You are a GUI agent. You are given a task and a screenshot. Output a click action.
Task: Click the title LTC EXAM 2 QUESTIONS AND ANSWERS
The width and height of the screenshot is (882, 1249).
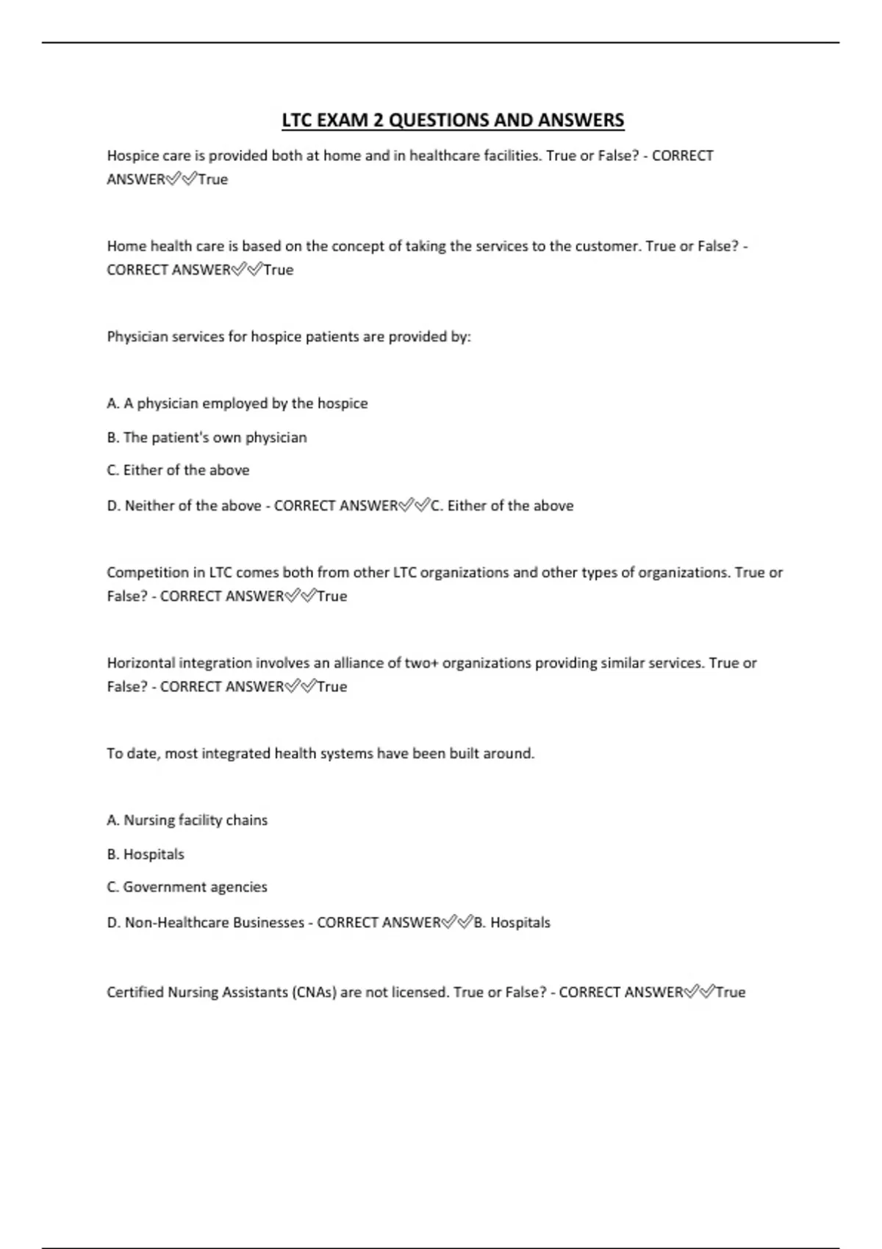pyautogui.click(x=453, y=120)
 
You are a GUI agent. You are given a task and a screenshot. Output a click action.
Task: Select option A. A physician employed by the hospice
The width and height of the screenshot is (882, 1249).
pyautogui.click(x=237, y=403)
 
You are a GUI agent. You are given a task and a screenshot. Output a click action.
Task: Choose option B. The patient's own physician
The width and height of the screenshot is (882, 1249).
pyautogui.click(x=207, y=438)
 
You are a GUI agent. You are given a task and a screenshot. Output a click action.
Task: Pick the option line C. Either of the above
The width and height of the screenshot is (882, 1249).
pyautogui.click(x=178, y=470)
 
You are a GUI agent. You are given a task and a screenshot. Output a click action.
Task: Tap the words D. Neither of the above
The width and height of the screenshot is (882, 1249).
pyautogui.click(x=184, y=506)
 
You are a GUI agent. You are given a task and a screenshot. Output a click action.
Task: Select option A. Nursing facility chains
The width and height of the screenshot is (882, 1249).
pyautogui.click(x=187, y=820)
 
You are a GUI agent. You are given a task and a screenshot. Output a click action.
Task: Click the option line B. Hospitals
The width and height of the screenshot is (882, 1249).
pyautogui.click(x=146, y=854)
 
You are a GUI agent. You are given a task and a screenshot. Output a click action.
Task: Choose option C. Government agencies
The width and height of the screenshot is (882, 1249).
pyautogui.click(x=187, y=887)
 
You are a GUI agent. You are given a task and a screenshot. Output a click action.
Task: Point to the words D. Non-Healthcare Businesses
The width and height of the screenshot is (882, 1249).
pyautogui.click(x=205, y=923)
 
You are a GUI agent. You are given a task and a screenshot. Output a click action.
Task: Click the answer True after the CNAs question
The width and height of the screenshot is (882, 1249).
pyautogui.click(x=731, y=993)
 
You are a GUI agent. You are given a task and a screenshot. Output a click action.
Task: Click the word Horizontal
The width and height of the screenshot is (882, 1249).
pyautogui.click(x=140, y=663)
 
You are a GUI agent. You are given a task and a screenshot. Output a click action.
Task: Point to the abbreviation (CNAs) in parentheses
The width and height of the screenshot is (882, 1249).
pyautogui.click(x=315, y=993)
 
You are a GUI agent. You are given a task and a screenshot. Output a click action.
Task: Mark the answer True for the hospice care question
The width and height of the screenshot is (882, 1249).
pyautogui.click(x=213, y=180)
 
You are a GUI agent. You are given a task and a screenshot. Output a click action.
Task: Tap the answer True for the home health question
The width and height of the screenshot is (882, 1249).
pyautogui.click(x=279, y=270)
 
